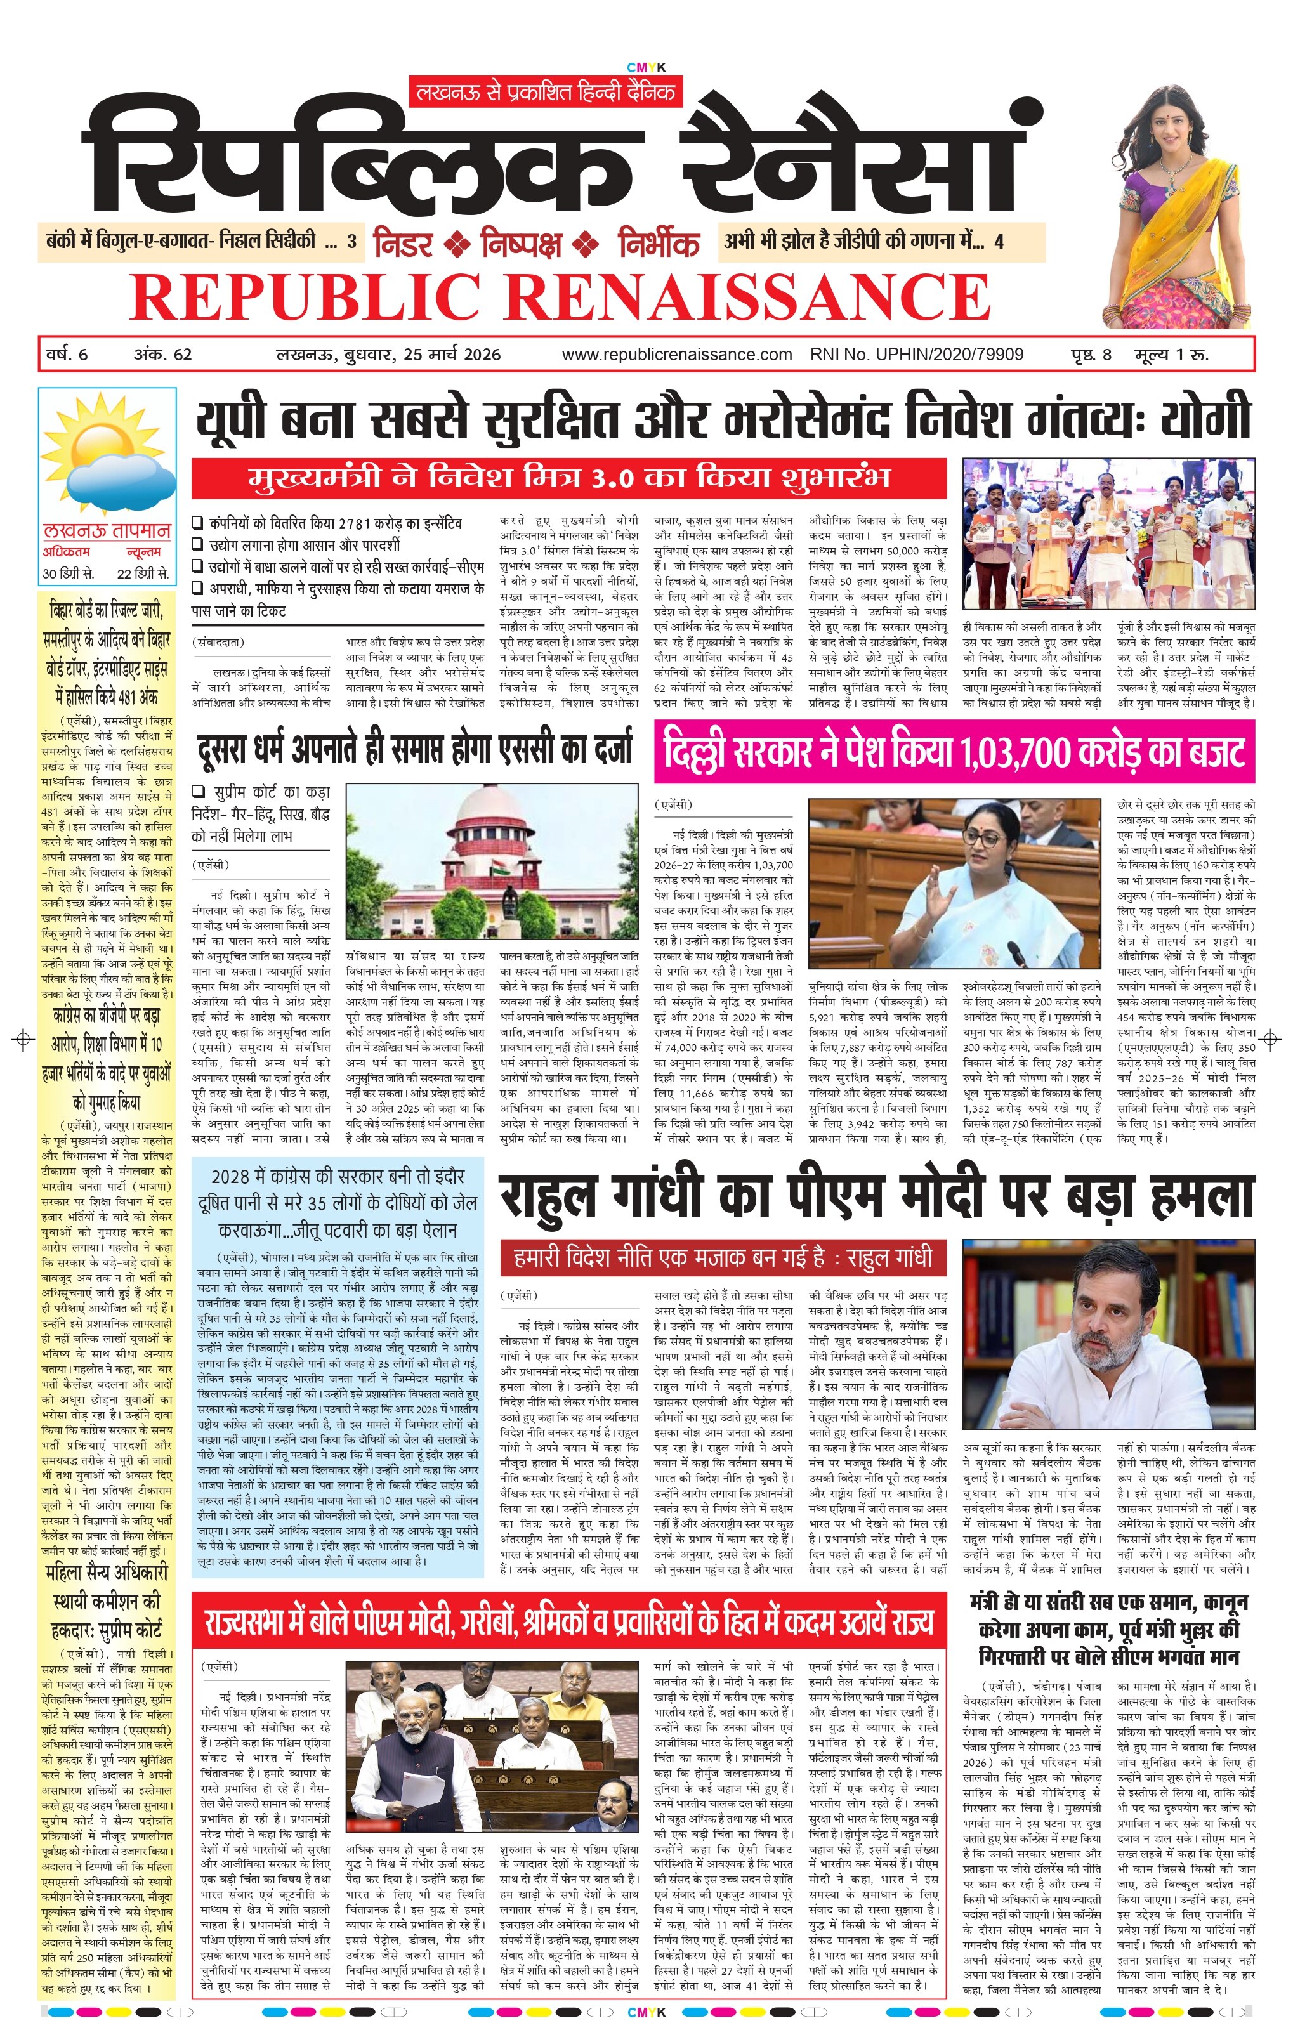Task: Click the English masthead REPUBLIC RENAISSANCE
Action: click(x=560, y=296)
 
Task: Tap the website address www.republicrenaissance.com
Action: click(x=676, y=355)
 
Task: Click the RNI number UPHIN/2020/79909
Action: click(x=917, y=355)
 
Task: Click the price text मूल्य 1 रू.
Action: click(x=1171, y=355)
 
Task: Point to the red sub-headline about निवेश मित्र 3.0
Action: click(x=568, y=478)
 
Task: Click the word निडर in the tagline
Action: click(x=404, y=244)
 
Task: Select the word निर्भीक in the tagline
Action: click(x=658, y=244)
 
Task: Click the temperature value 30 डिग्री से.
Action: click(x=69, y=573)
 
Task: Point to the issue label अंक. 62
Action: click(x=163, y=355)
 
